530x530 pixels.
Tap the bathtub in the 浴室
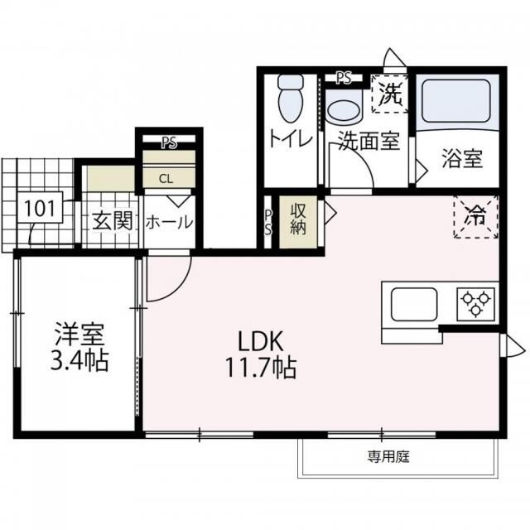(456, 101)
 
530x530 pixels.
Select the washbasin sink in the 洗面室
(344, 108)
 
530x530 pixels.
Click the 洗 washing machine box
(390, 94)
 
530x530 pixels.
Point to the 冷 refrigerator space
(476, 217)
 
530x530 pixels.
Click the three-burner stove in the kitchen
(476, 304)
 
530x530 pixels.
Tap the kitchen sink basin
(414, 305)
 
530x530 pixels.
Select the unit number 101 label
(40, 208)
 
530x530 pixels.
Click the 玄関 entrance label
(113, 221)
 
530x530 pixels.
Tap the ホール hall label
(169, 223)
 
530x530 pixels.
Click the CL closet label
(166, 179)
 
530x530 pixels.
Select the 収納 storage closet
(298, 222)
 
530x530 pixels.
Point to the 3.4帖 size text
(79, 361)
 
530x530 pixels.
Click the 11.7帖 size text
(260, 368)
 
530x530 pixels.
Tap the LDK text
(260, 341)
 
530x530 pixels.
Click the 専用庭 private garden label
(388, 457)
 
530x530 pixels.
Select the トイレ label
(291, 139)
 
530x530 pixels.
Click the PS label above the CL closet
(169, 143)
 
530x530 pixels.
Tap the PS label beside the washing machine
(344, 79)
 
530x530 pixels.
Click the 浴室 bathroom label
(462, 159)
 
